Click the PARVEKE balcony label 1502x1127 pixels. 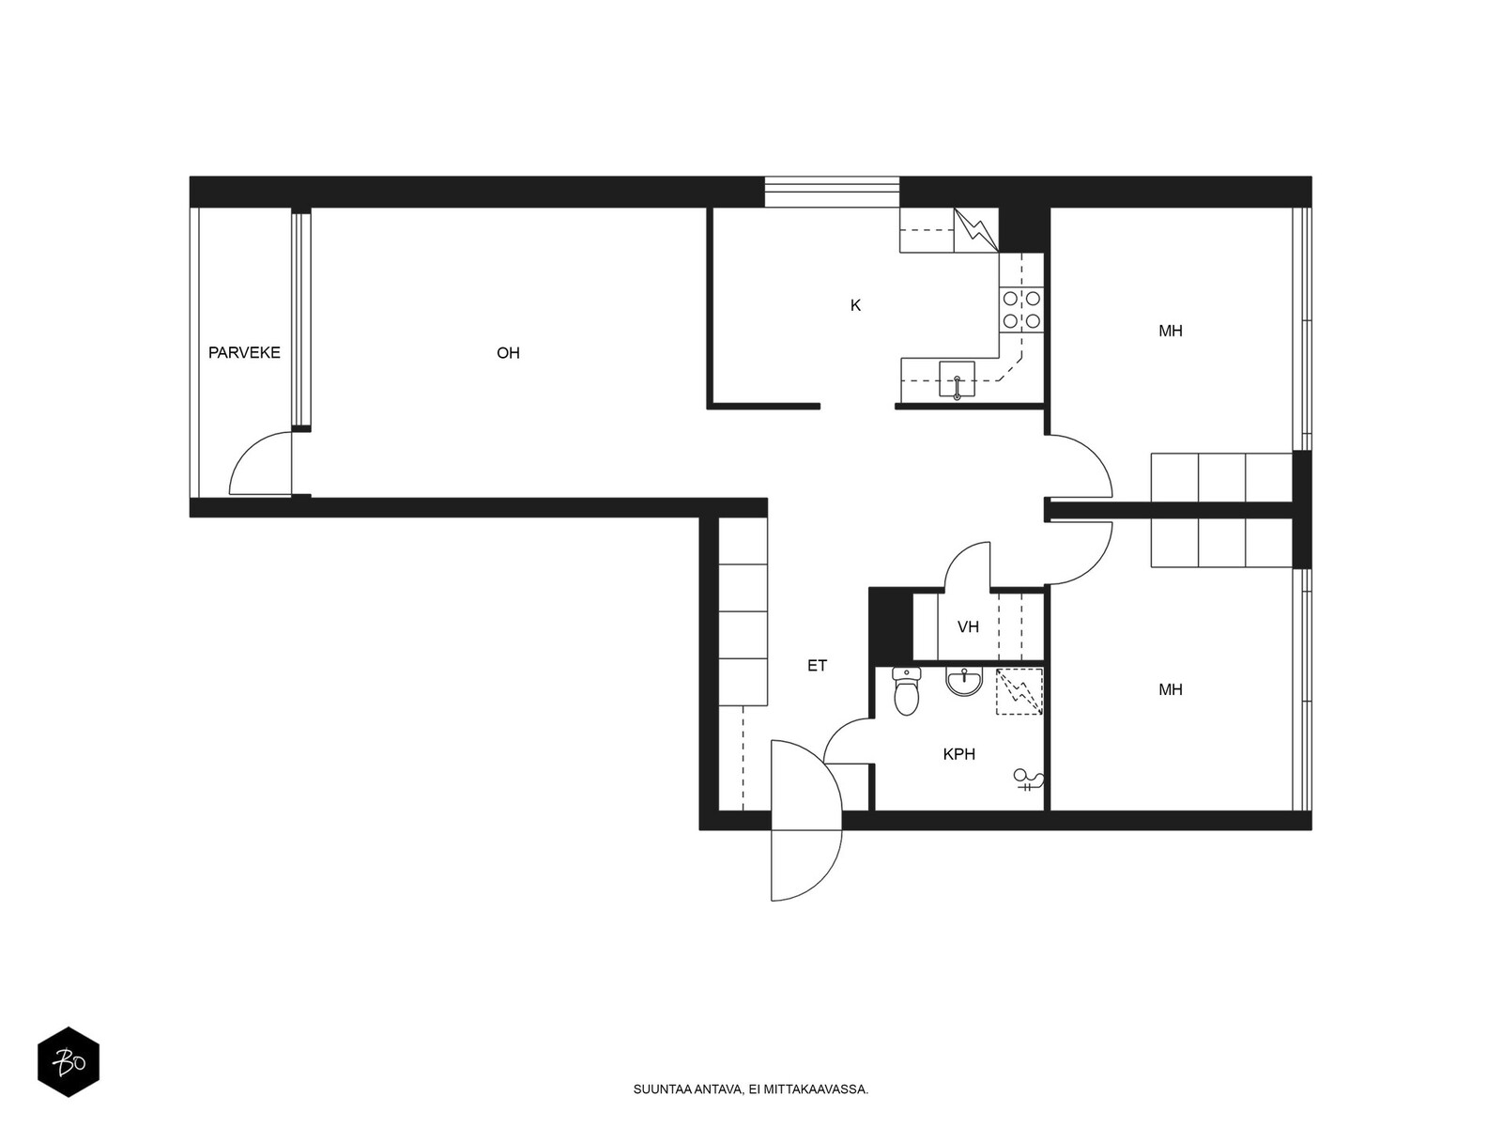point(244,353)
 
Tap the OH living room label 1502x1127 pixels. point(508,353)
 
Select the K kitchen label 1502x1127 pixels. point(855,305)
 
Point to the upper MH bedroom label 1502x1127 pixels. point(1170,331)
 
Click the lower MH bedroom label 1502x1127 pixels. point(1170,689)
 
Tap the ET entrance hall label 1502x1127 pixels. point(817,665)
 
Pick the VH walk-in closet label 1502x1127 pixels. point(968,626)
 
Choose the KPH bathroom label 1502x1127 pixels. point(958,753)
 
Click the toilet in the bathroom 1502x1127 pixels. point(906,692)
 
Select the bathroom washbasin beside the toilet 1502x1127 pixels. point(964,681)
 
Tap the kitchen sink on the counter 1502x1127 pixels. point(957,379)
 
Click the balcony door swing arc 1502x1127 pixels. point(255,465)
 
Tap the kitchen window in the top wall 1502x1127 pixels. point(831,192)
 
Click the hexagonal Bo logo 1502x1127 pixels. point(69,1062)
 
